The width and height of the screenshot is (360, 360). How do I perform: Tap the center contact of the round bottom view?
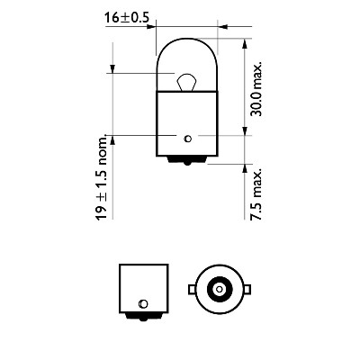219,291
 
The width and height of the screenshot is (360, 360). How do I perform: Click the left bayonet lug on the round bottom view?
191,291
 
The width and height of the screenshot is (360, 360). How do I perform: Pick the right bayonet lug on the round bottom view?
247,291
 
